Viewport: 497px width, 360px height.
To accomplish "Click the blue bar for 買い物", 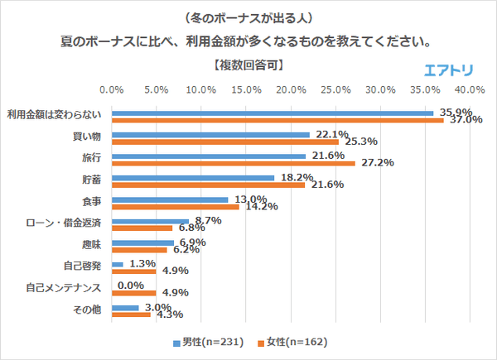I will click(210, 134).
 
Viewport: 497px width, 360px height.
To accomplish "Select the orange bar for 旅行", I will click(233, 163).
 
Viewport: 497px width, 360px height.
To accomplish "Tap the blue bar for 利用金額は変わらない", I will click(273, 113).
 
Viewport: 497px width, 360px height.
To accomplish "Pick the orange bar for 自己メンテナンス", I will click(133, 292).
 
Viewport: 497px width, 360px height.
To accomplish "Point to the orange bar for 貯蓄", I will click(208, 185).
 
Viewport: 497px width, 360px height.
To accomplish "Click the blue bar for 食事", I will click(169, 199).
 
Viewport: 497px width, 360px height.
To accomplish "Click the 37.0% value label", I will click(466, 119).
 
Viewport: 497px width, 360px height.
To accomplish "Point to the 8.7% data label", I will click(206, 220).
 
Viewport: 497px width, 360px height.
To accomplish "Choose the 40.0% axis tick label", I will click(470, 89).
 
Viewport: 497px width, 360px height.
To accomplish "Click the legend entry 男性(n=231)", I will click(209, 341).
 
